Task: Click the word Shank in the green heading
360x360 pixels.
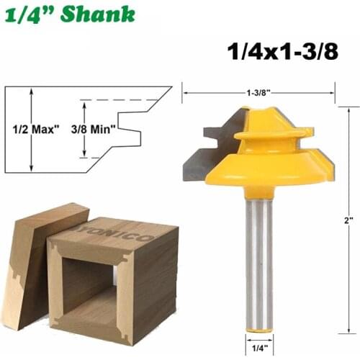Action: click(99, 14)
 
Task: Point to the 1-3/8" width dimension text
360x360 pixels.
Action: click(258, 93)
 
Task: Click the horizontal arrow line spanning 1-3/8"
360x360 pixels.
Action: click(216, 93)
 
